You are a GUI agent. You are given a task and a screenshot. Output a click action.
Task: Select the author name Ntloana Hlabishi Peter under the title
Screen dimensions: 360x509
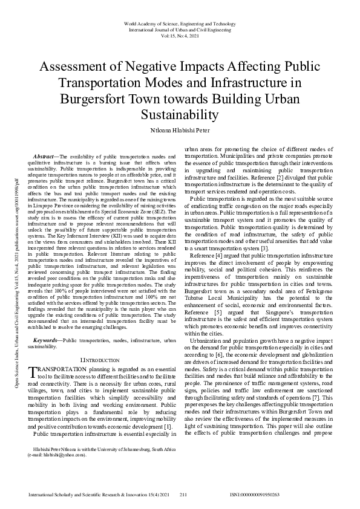click(x=180, y=130)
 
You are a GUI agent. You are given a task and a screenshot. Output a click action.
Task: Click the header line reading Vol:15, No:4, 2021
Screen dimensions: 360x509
click(x=180, y=35)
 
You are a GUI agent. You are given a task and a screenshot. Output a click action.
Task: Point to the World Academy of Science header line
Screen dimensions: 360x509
click(x=180, y=22)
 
